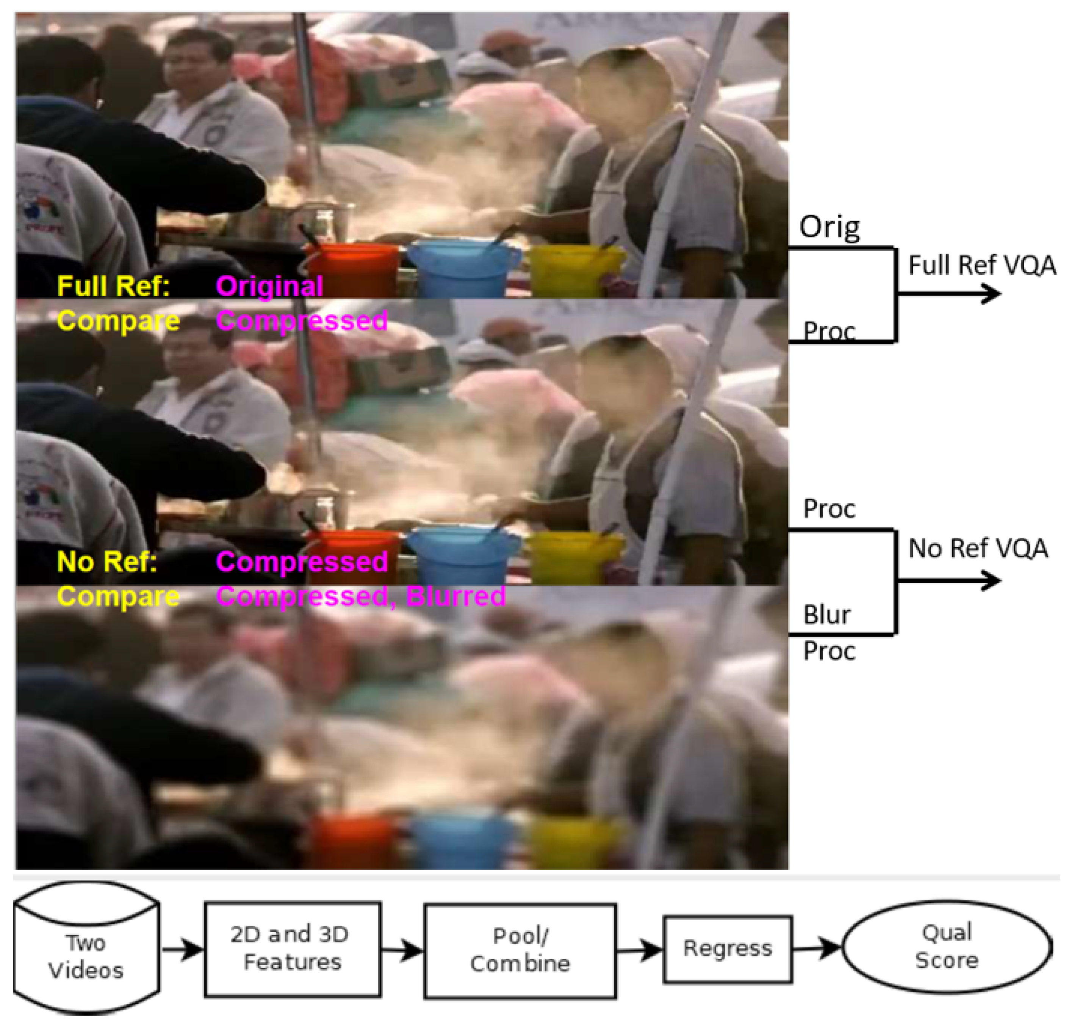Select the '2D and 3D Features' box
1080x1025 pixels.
[292, 949]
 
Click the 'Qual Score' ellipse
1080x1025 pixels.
[947, 947]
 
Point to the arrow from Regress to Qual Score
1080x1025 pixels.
[817, 948]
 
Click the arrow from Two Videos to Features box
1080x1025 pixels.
[182, 949]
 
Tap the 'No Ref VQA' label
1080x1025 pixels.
[978, 549]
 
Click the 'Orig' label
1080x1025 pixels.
[829, 227]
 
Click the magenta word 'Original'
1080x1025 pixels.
[269, 286]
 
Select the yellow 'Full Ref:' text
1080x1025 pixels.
[114, 286]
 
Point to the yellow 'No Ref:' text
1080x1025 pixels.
[107, 562]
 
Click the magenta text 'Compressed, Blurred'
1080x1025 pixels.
[360, 596]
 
